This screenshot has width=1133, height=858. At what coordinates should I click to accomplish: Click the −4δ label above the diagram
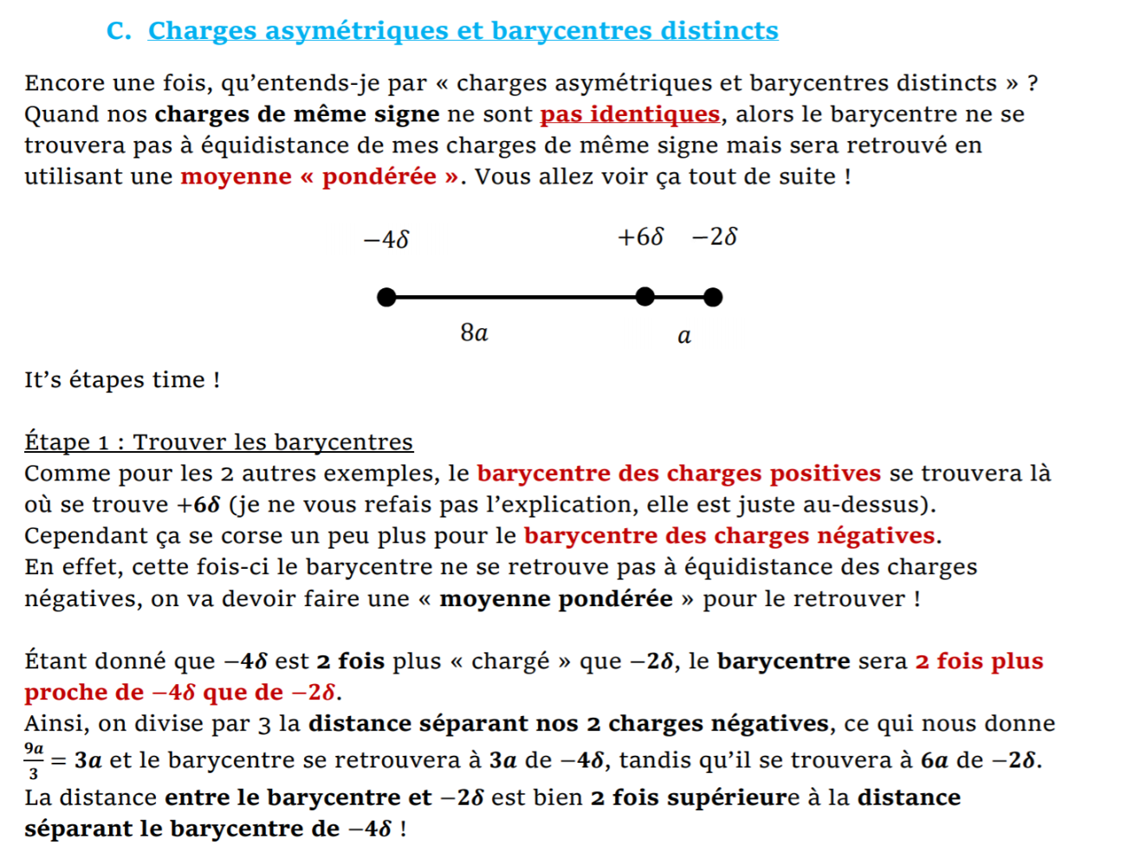coord(386,239)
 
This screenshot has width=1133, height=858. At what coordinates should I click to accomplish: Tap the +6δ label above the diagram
coord(640,236)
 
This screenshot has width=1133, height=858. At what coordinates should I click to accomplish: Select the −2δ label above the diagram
coord(715,236)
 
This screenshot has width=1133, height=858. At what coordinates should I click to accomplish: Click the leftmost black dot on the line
coord(387,298)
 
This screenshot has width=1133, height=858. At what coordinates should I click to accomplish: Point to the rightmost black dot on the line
coord(713,298)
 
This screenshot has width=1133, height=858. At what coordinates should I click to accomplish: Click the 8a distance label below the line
coord(474,332)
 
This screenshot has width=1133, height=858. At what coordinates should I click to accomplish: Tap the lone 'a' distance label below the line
coord(684,336)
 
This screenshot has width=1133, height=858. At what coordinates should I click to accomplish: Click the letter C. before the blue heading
coord(119,31)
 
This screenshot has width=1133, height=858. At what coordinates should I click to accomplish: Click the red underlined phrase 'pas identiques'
coord(630,114)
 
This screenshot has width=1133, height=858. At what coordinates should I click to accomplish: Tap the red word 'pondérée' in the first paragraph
coord(379,177)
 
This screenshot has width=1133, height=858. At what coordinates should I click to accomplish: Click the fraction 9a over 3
coord(34,760)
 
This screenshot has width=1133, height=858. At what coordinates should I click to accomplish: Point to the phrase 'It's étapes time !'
coord(122,380)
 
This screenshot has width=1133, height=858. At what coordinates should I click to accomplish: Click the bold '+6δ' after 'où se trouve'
coord(199,505)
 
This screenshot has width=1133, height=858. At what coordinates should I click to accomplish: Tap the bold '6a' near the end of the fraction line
coord(934,760)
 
